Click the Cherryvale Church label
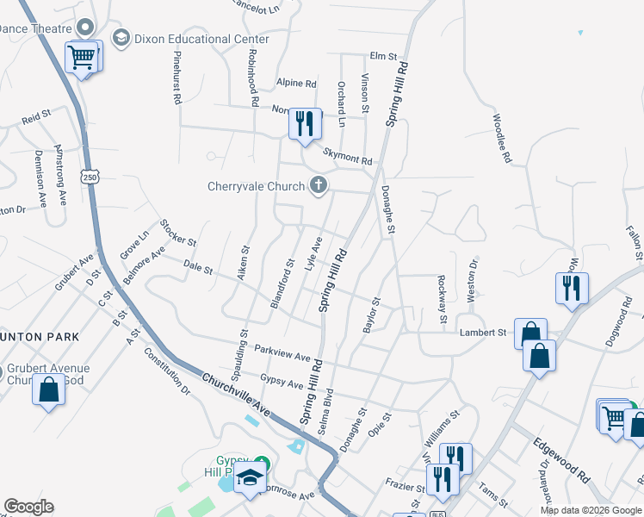pos(257,186)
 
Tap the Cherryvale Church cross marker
pos(319,184)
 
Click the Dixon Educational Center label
pos(195,39)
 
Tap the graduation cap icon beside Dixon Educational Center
pos(121,39)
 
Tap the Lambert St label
pos(482,332)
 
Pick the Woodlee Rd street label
pos(502,140)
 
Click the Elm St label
pos(381,56)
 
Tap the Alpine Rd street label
pos(296,84)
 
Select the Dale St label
pos(198,271)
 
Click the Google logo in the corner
pos(28,507)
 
